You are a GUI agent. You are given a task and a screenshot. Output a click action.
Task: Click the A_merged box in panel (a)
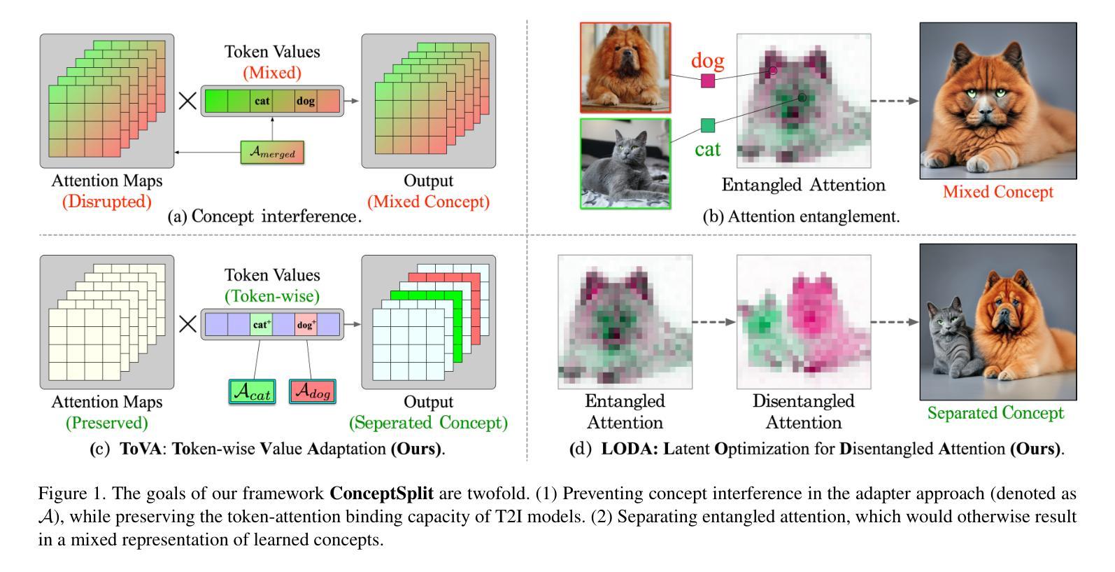pyautogui.click(x=272, y=152)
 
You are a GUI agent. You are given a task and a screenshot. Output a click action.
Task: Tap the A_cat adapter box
pyautogui.click(x=252, y=391)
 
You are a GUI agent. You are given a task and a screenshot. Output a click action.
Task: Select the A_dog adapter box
pyautogui.click(x=312, y=391)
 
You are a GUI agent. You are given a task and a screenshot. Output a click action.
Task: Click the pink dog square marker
pyautogui.click(x=708, y=81)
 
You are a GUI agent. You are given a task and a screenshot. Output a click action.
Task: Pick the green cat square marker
pyautogui.click(x=708, y=126)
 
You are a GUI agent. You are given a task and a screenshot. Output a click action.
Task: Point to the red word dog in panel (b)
pyautogui.click(x=707, y=61)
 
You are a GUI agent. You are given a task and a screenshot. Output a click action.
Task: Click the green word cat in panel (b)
pyautogui.click(x=708, y=149)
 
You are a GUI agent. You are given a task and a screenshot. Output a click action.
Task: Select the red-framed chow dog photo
pyautogui.click(x=625, y=67)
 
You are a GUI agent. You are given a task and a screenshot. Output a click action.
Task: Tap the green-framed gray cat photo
pyautogui.click(x=625, y=164)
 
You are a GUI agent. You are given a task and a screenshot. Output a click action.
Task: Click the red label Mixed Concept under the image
pyautogui.click(x=997, y=192)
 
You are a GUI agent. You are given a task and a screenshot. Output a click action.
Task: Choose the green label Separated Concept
pyautogui.click(x=995, y=413)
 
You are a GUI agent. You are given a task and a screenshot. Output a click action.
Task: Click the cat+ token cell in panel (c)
pyautogui.click(x=262, y=325)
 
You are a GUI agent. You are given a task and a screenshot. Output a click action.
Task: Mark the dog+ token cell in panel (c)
pyautogui.click(x=306, y=325)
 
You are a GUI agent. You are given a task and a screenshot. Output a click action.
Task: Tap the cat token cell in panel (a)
pyautogui.click(x=262, y=101)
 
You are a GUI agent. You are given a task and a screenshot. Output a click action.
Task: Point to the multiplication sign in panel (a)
pyautogui.click(x=187, y=101)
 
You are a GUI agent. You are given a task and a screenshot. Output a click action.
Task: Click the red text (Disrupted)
pyautogui.click(x=107, y=202)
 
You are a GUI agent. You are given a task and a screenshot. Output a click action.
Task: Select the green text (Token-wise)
pyautogui.click(x=272, y=296)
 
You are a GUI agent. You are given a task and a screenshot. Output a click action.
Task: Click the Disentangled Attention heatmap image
pyautogui.click(x=803, y=322)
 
